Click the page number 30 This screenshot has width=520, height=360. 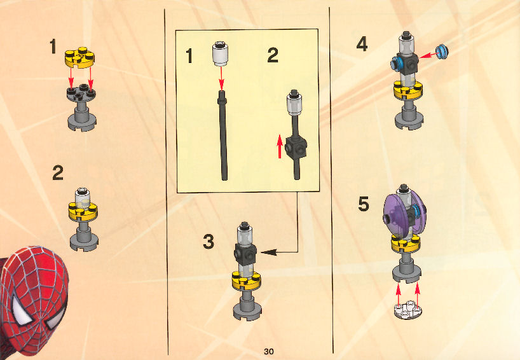point(269,351)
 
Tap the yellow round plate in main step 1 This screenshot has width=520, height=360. point(79,57)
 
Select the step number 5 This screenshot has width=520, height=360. point(364,204)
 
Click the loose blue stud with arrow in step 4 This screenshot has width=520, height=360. point(442,52)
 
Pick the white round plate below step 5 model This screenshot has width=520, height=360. point(408,310)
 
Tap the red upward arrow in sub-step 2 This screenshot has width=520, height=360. point(280,146)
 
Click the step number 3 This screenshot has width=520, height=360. point(209,241)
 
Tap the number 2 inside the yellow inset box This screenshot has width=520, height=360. point(273,55)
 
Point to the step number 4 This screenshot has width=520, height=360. point(362,44)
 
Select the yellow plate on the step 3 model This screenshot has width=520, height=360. point(246,280)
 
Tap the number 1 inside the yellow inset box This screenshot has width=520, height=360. point(189,56)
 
